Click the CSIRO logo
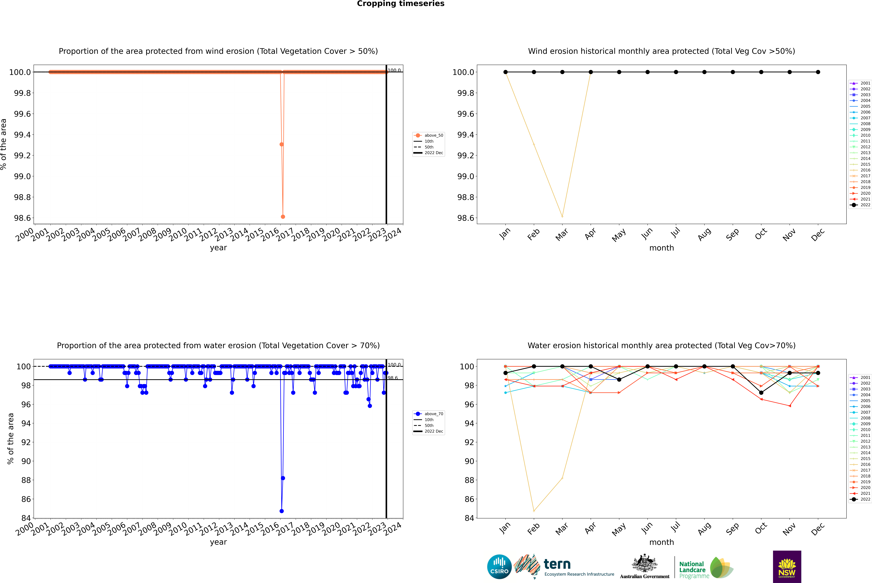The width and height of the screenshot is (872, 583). click(x=499, y=567)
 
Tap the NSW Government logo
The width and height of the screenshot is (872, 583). click(x=787, y=567)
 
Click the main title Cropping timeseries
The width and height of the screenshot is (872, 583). click(x=400, y=4)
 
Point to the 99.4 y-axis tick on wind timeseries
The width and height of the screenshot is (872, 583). click(x=22, y=135)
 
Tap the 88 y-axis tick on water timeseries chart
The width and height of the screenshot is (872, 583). click(x=26, y=480)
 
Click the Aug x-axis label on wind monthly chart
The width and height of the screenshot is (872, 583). click(x=704, y=234)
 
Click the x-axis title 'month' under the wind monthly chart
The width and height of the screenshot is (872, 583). click(x=661, y=248)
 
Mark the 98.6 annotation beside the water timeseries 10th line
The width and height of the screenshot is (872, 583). click(x=393, y=378)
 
